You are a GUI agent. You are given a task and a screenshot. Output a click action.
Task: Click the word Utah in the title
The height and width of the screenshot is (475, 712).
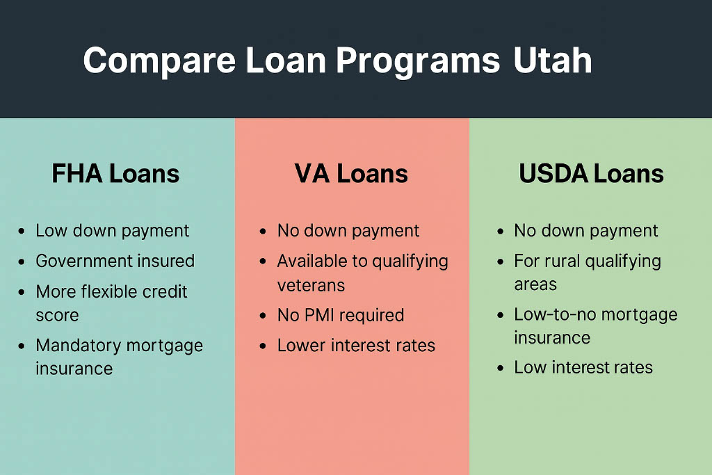click(553, 60)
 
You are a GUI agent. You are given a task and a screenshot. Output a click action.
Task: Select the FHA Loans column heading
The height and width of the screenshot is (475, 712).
click(115, 174)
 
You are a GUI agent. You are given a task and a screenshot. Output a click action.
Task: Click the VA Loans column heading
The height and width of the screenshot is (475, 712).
click(351, 174)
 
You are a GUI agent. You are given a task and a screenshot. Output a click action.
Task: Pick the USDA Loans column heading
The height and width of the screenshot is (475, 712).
click(591, 174)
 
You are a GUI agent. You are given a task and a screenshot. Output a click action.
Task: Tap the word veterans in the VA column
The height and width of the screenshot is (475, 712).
click(311, 286)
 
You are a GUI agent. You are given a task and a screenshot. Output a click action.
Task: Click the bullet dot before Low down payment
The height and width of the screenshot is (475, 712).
click(22, 232)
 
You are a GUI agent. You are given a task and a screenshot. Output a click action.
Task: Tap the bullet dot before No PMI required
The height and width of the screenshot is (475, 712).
click(263, 316)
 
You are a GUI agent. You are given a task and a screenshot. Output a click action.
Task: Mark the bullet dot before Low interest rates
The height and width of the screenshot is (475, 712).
click(500, 368)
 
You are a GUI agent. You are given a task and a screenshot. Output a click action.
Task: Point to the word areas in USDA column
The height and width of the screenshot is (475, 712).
click(535, 284)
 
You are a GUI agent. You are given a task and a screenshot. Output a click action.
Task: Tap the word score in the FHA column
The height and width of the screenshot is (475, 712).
click(57, 316)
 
